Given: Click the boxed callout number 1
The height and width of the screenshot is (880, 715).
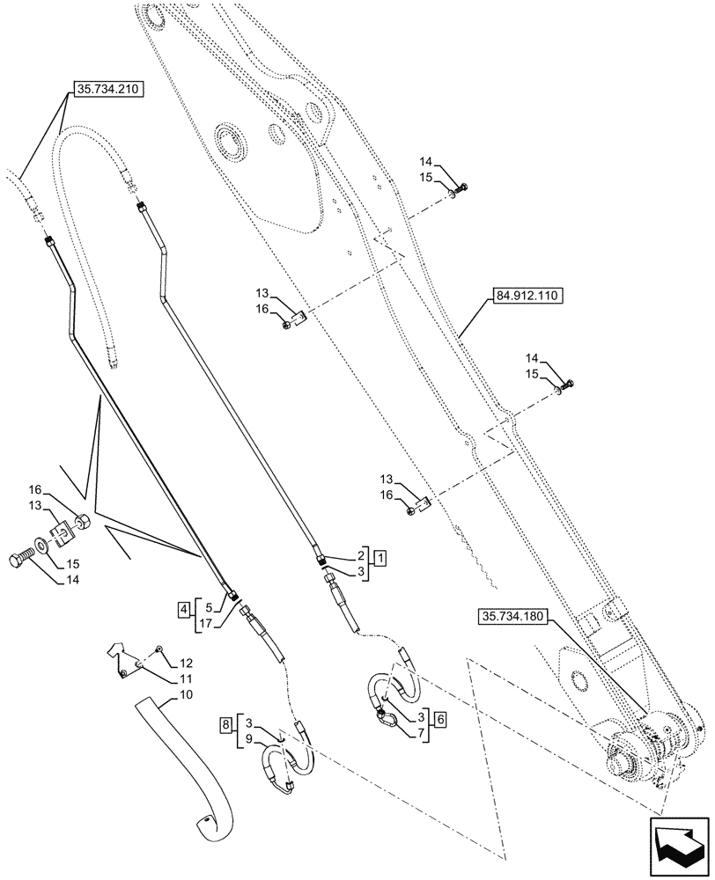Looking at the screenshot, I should (378, 556).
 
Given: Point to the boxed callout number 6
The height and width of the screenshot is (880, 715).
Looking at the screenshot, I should (440, 718).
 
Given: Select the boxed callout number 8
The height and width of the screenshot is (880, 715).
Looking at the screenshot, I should (227, 725).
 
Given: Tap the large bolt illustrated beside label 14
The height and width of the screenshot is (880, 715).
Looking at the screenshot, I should (27, 558).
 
